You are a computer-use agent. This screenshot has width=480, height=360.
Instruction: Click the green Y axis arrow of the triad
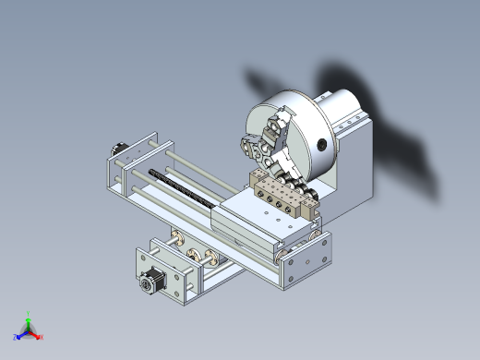click(29, 316)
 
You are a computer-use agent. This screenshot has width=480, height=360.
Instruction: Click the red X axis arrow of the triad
click(40, 336)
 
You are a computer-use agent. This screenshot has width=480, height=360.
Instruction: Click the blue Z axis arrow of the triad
click(18, 335)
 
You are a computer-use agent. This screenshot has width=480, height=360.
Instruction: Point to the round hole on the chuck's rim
click(320, 143)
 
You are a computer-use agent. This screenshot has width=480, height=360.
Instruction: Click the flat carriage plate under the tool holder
click(263, 222)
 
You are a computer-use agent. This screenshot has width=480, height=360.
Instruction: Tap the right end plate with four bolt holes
click(305, 262)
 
